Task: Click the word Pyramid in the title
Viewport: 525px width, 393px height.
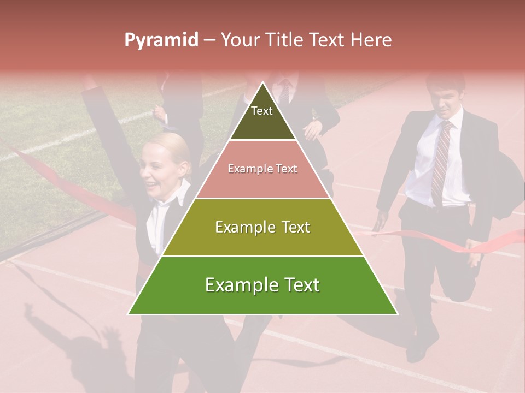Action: (161, 40)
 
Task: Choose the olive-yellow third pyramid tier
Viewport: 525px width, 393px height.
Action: (262, 227)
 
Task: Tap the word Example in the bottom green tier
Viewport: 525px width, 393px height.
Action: (237, 285)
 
